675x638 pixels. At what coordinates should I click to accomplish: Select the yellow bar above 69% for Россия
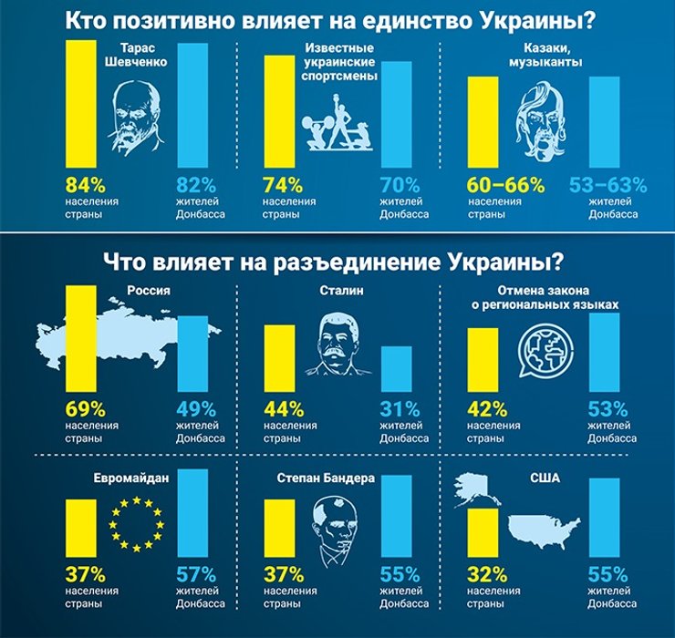pyautogui.click(x=80, y=338)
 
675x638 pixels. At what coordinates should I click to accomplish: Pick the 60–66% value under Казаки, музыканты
pyautogui.click(x=504, y=183)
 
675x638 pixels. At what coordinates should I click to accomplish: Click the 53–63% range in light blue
pyautogui.click(x=607, y=183)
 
